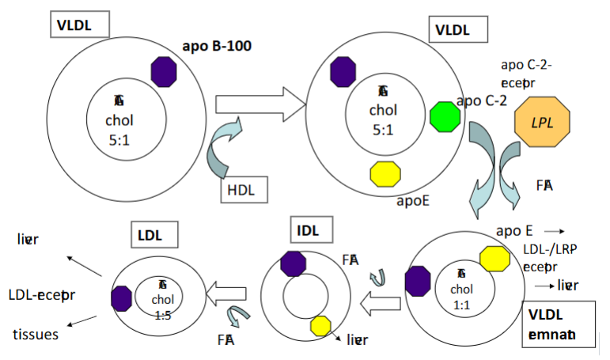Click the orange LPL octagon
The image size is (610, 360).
(x=542, y=123)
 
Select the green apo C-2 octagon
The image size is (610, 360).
(x=445, y=116)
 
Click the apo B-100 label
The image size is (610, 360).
(x=217, y=46)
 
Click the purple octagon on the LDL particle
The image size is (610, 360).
(x=121, y=297)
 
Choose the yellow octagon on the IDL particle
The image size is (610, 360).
(x=321, y=325)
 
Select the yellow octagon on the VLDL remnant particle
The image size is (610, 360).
(x=494, y=258)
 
